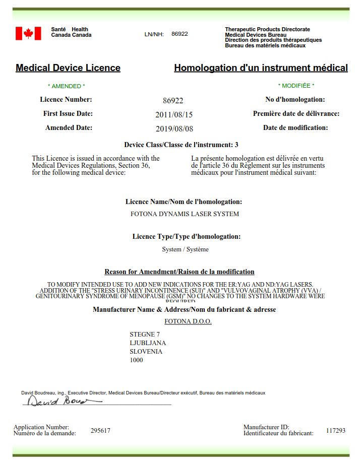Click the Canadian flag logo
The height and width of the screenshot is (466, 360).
coord(28,33)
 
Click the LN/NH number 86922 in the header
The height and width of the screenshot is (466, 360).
coord(179,34)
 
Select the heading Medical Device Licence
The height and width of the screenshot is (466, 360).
coord(68,68)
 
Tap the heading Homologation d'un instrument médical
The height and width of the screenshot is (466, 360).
coord(261,68)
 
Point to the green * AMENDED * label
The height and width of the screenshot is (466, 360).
coord(66,86)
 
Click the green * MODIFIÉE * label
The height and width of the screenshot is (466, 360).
coord(296,86)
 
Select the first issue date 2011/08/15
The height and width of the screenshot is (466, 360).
coord(174,114)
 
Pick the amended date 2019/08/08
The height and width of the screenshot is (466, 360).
coord(174,128)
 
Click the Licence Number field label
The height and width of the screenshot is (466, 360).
coord(66,100)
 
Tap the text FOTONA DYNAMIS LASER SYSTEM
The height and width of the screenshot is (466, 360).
coord(185,214)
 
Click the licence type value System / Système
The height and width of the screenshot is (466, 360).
coord(185,249)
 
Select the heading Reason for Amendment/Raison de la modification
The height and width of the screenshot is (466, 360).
coord(179,272)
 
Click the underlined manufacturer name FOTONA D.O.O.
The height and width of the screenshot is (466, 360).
coord(188,321)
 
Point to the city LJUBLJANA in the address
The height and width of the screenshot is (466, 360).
coord(148,343)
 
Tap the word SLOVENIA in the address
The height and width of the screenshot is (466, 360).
coord(146,352)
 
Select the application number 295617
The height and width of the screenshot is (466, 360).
coord(100,431)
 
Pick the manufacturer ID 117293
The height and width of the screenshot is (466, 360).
coord(336,431)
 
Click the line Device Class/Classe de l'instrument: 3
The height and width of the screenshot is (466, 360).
coord(181,145)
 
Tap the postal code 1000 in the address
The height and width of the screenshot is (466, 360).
coord(136,360)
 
